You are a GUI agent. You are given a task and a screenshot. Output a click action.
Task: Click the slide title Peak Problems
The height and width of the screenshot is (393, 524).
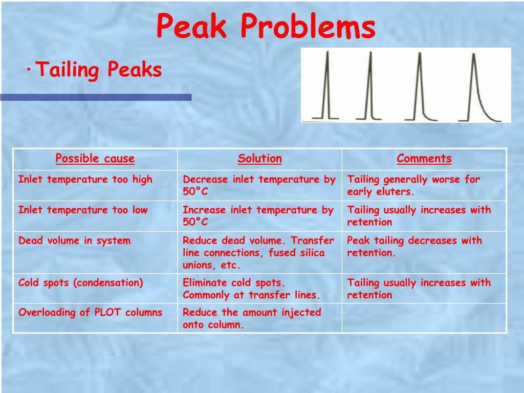click(266, 27)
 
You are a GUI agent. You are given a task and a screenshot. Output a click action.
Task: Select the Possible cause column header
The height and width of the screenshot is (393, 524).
click(95, 159)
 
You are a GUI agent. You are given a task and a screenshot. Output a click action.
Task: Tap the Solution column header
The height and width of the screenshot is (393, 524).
click(259, 159)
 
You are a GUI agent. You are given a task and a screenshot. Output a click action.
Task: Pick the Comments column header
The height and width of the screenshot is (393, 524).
click(424, 159)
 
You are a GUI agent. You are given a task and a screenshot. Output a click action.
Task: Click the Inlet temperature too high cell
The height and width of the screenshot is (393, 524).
click(85, 180)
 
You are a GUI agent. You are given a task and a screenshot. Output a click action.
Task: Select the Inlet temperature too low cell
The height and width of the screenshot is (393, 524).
click(83, 210)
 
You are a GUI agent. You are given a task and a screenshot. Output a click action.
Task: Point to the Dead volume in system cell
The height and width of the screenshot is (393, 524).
click(75, 241)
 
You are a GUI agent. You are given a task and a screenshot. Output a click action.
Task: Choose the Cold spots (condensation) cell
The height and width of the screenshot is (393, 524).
click(81, 282)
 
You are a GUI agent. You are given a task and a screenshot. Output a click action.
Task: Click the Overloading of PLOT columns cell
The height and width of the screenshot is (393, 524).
click(90, 312)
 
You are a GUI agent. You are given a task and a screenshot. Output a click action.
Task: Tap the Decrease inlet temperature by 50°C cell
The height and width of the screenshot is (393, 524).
click(259, 185)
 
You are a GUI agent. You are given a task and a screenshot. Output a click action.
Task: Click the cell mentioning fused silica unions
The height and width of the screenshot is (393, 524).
click(259, 253)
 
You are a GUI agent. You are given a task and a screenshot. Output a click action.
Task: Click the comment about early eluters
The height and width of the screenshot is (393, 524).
click(413, 185)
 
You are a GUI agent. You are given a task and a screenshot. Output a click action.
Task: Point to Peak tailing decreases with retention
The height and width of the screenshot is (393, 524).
click(414, 247)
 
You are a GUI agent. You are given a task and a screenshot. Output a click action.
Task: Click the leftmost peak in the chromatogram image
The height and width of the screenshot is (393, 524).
click(325, 87)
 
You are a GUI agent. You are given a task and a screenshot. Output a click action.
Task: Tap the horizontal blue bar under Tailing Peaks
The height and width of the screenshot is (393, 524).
click(96, 97)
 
